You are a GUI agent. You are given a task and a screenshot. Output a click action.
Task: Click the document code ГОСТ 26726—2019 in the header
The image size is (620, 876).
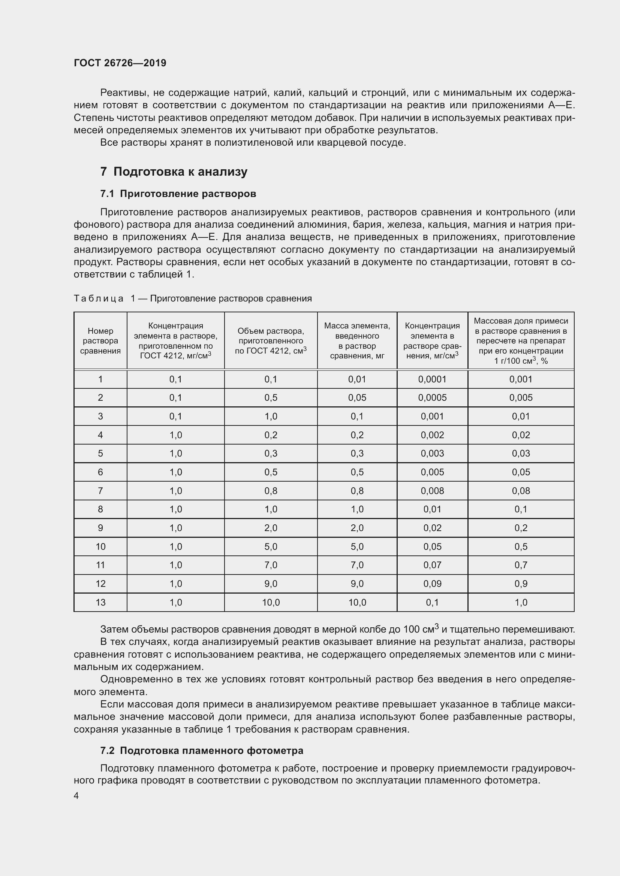click(120, 63)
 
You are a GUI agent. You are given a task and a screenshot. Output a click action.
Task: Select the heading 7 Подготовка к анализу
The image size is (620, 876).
click(174, 172)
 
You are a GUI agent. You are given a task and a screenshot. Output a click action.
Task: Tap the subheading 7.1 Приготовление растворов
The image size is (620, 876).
click(178, 194)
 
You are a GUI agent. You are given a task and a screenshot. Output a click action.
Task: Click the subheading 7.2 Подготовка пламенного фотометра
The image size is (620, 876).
click(202, 751)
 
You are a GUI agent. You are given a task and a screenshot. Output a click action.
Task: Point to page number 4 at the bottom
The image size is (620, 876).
click(76, 795)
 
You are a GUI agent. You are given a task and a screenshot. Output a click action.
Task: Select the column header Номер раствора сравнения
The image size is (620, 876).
click(100, 341)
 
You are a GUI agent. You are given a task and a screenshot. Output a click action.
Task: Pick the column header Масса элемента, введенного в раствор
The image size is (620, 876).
click(357, 341)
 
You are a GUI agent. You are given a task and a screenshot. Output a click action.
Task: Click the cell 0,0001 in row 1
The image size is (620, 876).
click(432, 379)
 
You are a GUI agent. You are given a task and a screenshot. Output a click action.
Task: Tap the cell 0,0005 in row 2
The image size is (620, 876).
click(432, 398)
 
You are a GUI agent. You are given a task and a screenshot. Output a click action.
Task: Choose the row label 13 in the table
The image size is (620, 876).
click(100, 603)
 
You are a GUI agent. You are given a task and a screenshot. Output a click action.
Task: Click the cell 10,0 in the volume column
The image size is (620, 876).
click(271, 603)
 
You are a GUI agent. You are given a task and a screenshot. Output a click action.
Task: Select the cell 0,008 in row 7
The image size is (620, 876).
click(432, 491)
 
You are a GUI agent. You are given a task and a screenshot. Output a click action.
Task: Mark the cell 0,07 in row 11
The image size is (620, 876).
click(432, 565)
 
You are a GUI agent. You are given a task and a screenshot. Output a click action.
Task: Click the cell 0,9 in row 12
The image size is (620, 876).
click(521, 584)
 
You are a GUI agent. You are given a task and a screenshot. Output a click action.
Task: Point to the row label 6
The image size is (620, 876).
click(100, 472)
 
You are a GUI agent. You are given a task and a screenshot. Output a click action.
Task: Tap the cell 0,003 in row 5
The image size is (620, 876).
click(432, 453)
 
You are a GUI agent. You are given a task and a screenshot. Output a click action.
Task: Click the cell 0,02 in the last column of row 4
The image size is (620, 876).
click(521, 435)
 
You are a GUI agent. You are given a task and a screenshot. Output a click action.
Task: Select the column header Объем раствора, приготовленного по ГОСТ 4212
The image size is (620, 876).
click(271, 341)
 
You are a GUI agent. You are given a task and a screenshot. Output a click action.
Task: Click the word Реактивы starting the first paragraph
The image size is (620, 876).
click(122, 93)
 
